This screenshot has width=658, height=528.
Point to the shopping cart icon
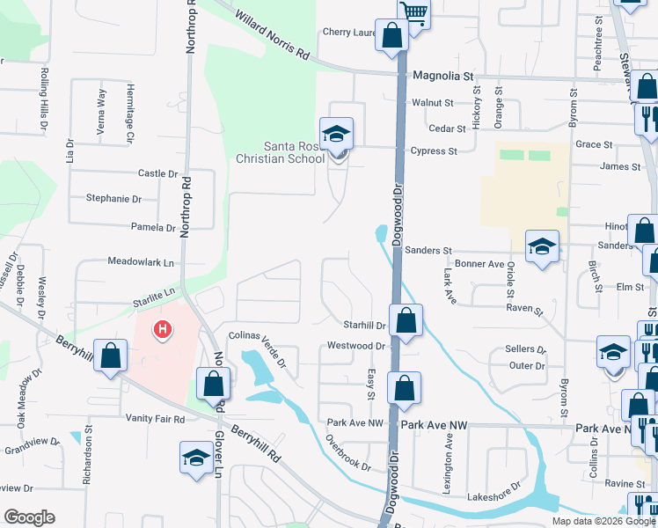[x=413, y=12]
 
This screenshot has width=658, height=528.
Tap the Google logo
[x=29, y=517]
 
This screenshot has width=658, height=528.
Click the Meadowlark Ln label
[x=141, y=261]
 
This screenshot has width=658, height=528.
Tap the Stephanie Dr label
[x=113, y=199]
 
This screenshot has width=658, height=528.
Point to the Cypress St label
[x=434, y=151]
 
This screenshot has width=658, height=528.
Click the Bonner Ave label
[x=479, y=264]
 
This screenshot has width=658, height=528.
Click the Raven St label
[x=525, y=310]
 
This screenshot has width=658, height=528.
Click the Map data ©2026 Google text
[x=603, y=521]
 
